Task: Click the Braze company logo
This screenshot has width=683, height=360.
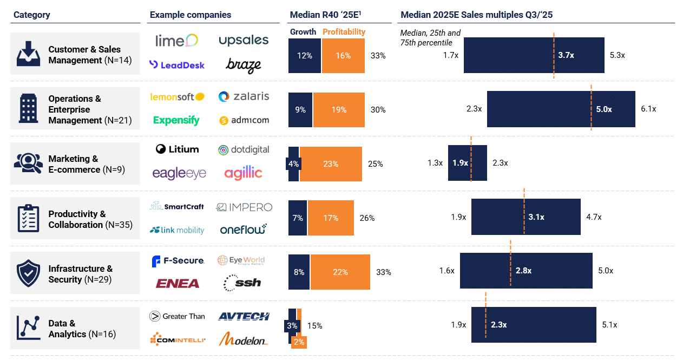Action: [x=244, y=66]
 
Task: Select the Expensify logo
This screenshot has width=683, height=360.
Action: [x=176, y=120]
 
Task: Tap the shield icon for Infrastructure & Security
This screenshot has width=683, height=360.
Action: [x=28, y=273]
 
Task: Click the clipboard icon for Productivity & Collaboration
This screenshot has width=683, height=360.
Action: [x=28, y=219]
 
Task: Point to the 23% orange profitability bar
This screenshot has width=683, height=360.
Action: [x=331, y=163]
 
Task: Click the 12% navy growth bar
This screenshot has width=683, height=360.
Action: [x=305, y=56]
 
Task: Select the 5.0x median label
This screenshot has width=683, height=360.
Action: [x=604, y=109]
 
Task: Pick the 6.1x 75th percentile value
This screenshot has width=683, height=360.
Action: [x=648, y=109]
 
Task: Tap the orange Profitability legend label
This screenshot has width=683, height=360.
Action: [x=344, y=32]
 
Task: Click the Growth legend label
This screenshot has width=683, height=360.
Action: [x=303, y=32]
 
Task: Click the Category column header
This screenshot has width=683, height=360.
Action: [x=32, y=15]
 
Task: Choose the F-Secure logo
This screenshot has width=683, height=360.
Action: [x=178, y=261]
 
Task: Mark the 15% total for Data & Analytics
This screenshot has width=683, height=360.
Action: [x=315, y=326]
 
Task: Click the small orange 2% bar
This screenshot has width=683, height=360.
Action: [x=299, y=342]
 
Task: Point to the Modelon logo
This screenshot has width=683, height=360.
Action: [x=244, y=340]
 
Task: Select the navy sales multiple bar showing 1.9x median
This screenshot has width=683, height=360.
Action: [x=468, y=163]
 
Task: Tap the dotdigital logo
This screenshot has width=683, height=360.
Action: [x=244, y=150]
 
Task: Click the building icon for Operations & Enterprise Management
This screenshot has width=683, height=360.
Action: [x=28, y=108]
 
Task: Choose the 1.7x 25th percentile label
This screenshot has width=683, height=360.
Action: [x=451, y=55]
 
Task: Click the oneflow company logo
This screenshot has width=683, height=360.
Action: [x=244, y=230]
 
